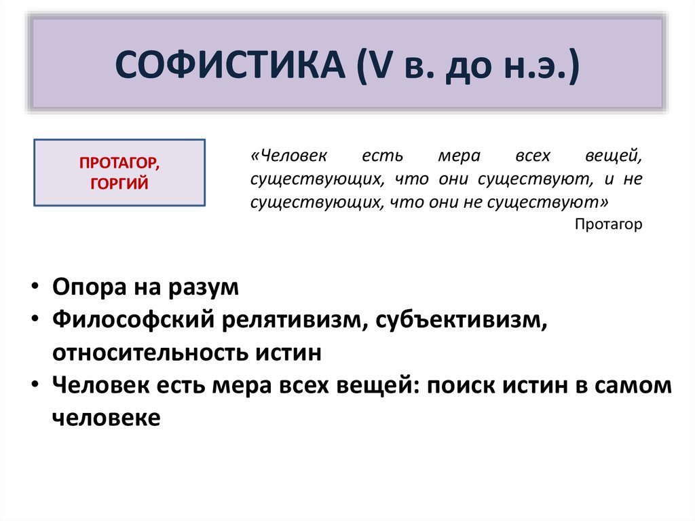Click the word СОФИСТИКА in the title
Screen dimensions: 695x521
(230, 65)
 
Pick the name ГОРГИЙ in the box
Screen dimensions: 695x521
(119, 183)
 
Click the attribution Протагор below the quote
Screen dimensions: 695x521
(608, 224)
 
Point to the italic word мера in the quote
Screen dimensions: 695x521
(459, 156)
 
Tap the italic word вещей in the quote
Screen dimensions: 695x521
(614, 156)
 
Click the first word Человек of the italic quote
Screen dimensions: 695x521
(289, 156)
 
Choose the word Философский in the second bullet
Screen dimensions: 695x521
(134, 319)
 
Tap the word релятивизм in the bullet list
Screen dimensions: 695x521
(295, 320)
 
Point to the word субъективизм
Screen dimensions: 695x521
(462, 320)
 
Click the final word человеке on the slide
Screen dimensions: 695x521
(107, 418)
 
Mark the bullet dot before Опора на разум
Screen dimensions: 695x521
(35, 286)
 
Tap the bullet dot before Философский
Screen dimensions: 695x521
(35, 319)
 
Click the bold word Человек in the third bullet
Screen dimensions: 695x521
(101, 384)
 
